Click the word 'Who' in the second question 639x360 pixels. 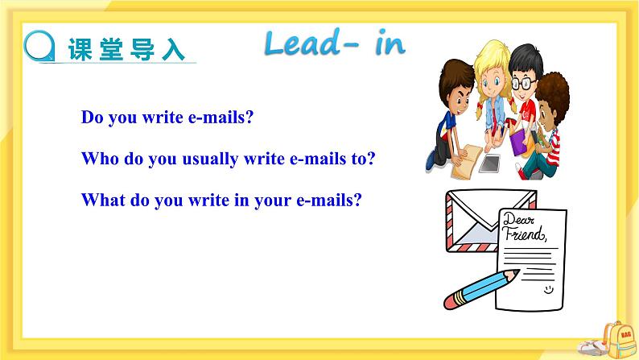pos(99,159)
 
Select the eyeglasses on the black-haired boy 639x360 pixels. pos(524,83)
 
